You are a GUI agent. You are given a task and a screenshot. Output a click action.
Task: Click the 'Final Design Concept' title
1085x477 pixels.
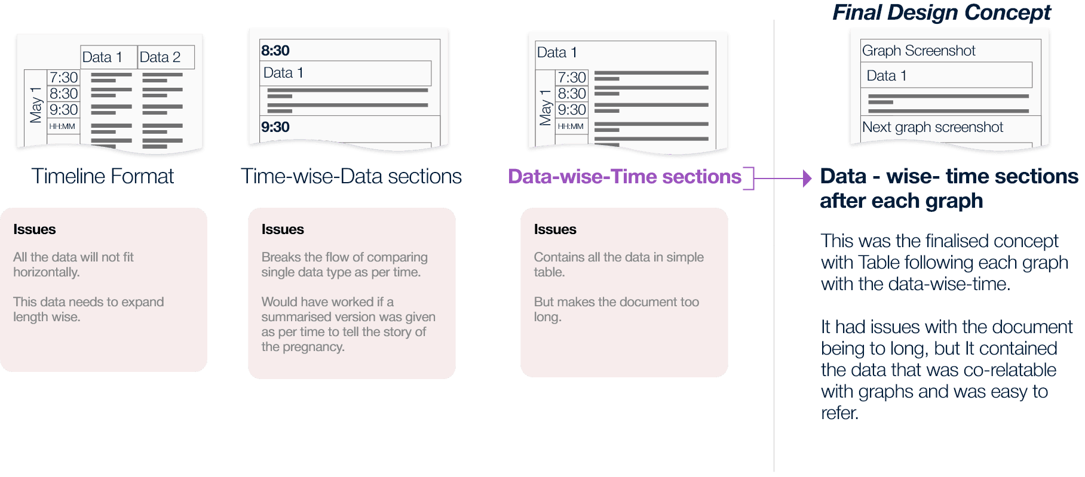[x=942, y=13]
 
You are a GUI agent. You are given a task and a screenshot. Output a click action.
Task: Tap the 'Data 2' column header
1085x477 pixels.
[x=160, y=57]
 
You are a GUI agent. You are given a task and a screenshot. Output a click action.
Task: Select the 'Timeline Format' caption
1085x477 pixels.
[x=102, y=176]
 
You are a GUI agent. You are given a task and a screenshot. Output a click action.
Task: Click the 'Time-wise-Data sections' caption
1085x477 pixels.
[x=351, y=176]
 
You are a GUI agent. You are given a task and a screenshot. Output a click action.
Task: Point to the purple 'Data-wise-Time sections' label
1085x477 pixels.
[x=624, y=177]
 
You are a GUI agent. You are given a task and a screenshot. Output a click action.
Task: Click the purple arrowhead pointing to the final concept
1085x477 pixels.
[x=807, y=178]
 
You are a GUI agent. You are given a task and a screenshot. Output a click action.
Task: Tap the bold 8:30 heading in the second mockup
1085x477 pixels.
[x=275, y=51]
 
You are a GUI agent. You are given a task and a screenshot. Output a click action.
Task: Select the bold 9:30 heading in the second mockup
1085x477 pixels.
[x=275, y=127]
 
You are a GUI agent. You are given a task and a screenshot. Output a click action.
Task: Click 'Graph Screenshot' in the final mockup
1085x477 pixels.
[x=918, y=51]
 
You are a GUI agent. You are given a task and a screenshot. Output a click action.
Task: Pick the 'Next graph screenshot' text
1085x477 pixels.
[x=932, y=127]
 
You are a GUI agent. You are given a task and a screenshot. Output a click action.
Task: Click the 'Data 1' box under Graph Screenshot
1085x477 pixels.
[x=946, y=76]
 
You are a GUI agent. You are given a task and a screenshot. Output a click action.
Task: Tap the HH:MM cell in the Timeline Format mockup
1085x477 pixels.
[x=62, y=127]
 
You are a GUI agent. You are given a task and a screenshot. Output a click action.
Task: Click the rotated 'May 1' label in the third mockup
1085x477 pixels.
[x=545, y=107]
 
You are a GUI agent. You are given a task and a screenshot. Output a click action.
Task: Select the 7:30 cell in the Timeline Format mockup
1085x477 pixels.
[x=64, y=77]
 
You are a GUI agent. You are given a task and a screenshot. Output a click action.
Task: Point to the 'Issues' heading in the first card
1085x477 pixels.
[x=35, y=229]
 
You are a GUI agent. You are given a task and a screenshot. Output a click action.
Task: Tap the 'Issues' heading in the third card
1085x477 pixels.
[x=555, y=229]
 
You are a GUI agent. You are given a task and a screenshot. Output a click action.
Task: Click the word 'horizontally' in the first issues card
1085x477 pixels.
[x=45, y=272]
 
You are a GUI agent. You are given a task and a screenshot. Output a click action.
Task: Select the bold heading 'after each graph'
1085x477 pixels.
[x=901, y=201]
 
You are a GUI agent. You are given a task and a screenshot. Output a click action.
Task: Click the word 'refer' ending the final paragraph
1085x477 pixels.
[x=838, y=413]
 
